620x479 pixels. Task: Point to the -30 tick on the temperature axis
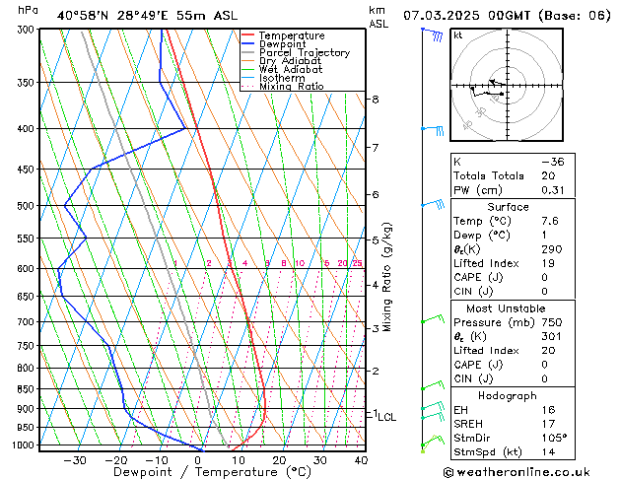75,459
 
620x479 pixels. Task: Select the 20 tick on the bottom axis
279,459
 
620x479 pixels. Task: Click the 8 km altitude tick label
375,100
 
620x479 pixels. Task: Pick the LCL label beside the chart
386,418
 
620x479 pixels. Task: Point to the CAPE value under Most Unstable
546,378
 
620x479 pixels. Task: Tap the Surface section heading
509,207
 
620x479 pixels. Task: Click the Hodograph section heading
509,394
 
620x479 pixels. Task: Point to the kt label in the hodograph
457,35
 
